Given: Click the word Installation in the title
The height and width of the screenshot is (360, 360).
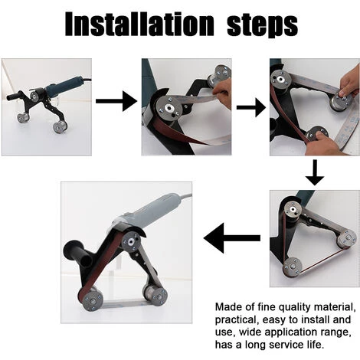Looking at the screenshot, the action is (139, 24).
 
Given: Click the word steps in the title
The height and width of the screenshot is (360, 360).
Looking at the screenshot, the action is (262, 25).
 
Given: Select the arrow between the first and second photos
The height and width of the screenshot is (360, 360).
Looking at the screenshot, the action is (116, 101).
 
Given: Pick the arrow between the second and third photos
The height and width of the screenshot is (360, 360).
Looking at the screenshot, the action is (251, 107).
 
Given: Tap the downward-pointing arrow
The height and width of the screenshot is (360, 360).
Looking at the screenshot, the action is (315, 172).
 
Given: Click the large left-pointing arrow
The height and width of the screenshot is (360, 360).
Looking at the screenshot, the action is (232, 238).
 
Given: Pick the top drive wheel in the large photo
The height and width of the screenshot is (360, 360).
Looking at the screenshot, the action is (130, 242).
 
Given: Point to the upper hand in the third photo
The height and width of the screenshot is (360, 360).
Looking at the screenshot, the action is (349, 82).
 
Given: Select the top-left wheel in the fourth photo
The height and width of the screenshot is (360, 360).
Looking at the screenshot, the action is (293, 210).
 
